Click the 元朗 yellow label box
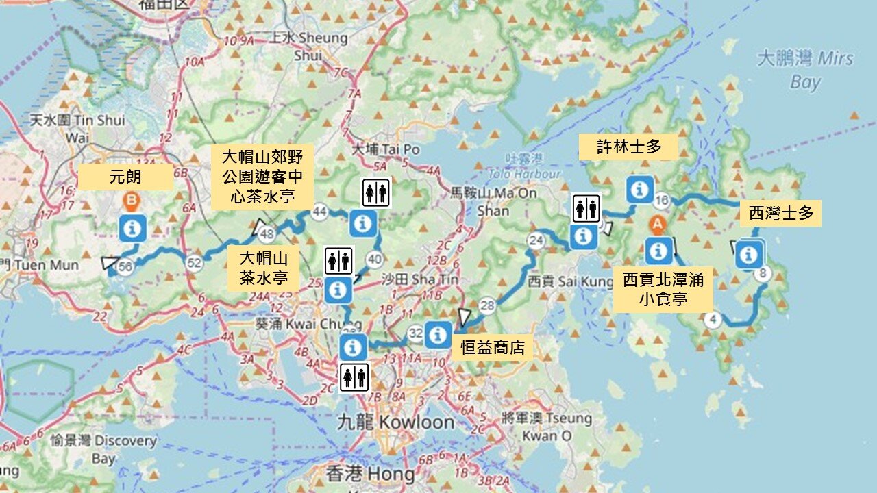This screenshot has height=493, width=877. coord(125,177)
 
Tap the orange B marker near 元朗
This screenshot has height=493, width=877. coord(132,201)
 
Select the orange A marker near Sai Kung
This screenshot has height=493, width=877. coord(657,223)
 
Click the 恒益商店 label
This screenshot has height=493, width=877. coord(493,347)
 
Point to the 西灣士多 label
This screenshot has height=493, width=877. coord(780,214)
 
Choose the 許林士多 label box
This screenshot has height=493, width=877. coord(628,147)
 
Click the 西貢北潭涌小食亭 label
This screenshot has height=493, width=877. coord(663,289)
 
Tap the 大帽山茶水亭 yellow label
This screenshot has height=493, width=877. coord(264,268)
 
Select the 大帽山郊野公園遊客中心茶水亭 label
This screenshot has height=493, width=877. coord(262,176)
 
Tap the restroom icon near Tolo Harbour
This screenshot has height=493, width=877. coord(586,208)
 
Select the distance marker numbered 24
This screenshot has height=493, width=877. coord(536,240)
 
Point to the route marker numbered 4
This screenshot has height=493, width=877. coord(713,320)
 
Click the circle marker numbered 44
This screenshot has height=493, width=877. coord(319,212)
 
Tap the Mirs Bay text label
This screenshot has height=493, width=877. coord(806,69)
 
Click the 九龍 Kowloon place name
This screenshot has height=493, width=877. coord(396,422)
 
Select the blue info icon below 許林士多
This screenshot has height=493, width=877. coord(640,189)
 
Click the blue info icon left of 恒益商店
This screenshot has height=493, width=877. coord(438,334)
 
